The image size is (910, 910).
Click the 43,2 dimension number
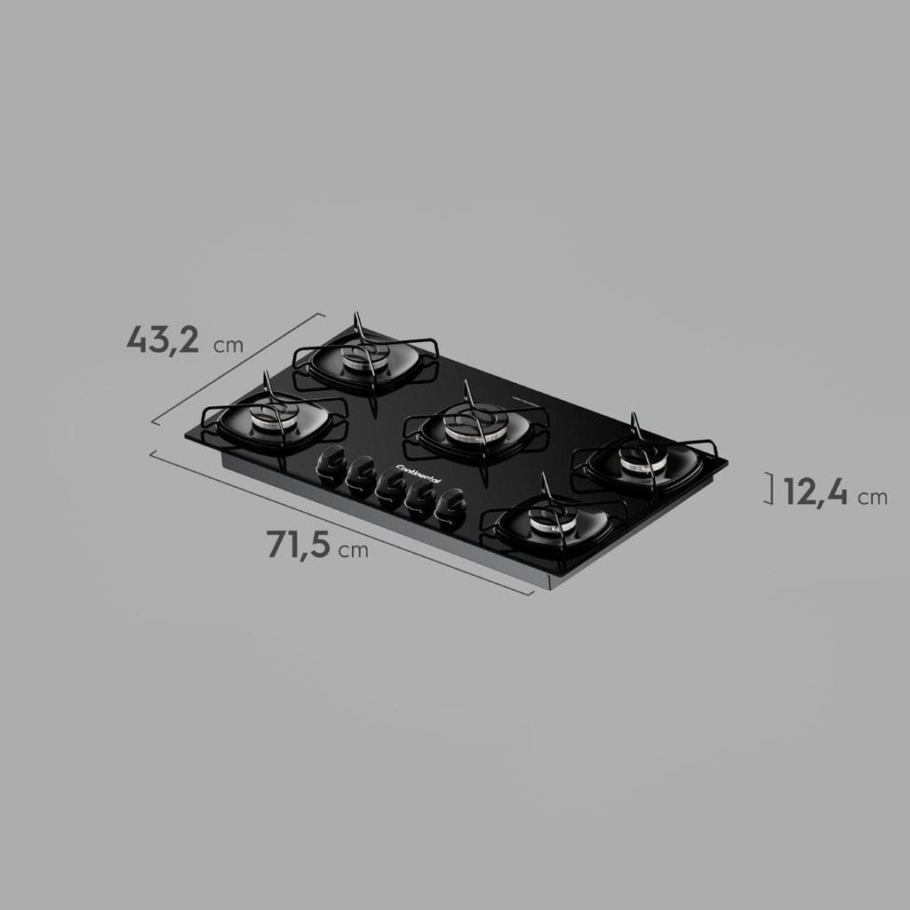[164, 340]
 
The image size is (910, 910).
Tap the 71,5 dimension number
[299, 545]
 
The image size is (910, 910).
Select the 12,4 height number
[816, 492]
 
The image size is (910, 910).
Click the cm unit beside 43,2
[228, 346]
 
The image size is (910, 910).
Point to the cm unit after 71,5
[354, 550]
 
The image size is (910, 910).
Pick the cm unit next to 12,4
[873, 498]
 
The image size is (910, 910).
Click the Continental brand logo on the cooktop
[419, 474]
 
